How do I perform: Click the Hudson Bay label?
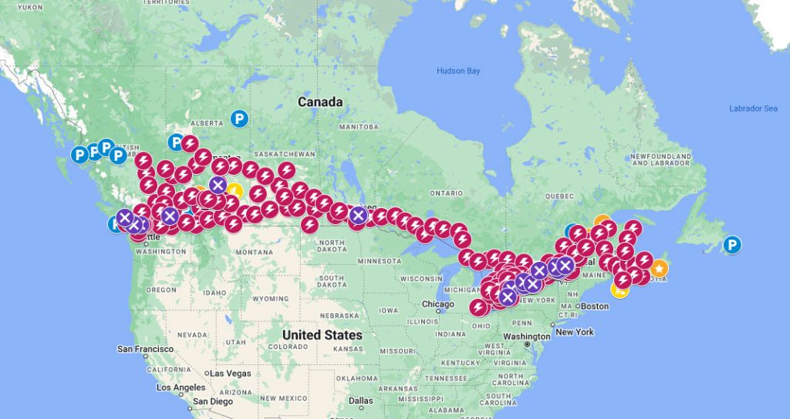(458, 71)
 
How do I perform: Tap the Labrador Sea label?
(753, 109)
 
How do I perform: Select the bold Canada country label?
(320, 102)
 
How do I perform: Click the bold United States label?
(322, 335)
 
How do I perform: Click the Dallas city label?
(360, 401)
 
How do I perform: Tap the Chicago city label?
(437, 304)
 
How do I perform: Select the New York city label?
(575, 332)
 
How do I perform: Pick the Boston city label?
(595, 307)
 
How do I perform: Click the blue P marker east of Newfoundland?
(732, 246)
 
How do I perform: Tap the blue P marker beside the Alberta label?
(239, 119)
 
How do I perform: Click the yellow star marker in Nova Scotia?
(659, 268)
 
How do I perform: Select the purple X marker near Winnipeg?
(358, 216)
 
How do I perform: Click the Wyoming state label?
(269, 298)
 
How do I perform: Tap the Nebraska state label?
(341, 316)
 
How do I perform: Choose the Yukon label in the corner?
(29, 6)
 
